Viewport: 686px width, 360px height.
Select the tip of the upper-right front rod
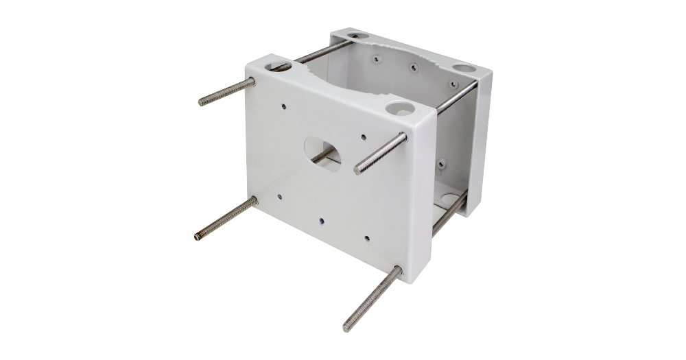coord(357,169)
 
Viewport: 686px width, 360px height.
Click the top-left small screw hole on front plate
coord(283,106)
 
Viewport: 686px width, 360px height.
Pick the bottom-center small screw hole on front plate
coord(321,221)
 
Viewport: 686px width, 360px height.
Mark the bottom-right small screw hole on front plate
coord(368,237)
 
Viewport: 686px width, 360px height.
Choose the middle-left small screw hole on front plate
coord(279,197)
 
